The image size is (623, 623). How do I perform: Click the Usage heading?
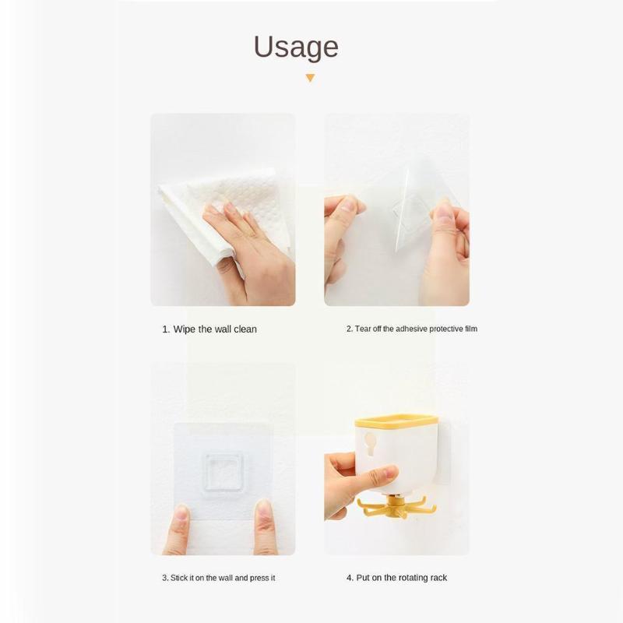click(x=296, y=48)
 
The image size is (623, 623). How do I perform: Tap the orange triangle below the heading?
click(x=310, y=78)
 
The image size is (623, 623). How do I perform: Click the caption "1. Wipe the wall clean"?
click(x=209, y=329)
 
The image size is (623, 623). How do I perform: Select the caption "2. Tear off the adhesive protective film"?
click(x=412, y=329)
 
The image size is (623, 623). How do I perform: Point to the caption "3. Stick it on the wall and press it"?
click(x=219, y=578)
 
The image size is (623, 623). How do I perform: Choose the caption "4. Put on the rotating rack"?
click(x=396, y=578)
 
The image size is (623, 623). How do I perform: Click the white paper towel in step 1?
click(x=223, y=210)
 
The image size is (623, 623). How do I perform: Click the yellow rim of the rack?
click(x=396, y=421)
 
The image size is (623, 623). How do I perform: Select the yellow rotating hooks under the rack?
click(x=396, y=507)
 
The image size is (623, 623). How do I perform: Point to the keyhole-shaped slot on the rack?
click(x=371, y=443)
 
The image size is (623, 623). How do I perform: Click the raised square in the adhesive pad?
click(x=223, y=472)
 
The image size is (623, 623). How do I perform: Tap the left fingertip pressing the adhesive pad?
click(x=181, y=512)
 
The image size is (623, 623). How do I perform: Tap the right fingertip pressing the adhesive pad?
click(x=263, y=509)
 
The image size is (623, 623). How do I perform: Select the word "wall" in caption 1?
click(x=223, y=329)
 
